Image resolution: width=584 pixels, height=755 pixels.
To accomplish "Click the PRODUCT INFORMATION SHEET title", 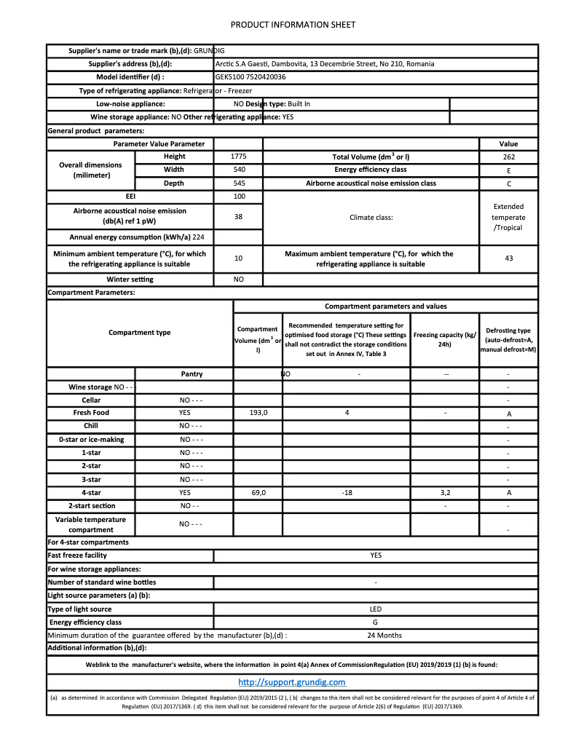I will tap(293, 25).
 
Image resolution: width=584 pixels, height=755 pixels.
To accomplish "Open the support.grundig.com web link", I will tap(292, 682).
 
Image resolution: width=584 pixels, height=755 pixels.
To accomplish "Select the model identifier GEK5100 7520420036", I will tap(250, 77).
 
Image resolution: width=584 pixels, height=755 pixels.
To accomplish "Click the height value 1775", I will tap(238, 157).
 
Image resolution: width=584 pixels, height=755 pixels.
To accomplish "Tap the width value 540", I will tap(238, 170).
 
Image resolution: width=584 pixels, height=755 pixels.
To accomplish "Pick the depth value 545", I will tap(238, 183).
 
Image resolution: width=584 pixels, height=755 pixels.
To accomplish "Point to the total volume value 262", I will tap(508, 157).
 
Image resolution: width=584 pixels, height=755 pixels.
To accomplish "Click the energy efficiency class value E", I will tap(508, 170).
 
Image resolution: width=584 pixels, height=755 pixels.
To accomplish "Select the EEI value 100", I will tap(238, 197).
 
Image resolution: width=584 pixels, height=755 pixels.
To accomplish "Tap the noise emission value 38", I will tap(238, 216).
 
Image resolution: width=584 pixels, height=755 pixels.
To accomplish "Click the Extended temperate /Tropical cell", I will tap(508, 217).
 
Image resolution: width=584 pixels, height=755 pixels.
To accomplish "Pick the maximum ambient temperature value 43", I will tap(508, 258).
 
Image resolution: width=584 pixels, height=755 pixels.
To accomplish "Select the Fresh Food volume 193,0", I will tap(259, 413).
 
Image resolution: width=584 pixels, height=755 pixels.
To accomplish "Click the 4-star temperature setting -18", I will tap(347, 493).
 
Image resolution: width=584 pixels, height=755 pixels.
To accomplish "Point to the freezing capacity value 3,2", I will tap(445, 493).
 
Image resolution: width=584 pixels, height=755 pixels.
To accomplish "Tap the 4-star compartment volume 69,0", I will tap(259, 493).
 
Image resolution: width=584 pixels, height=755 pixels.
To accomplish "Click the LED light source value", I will tap(376, 609).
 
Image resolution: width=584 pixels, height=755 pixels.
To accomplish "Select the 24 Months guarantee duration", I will tap(384, 636).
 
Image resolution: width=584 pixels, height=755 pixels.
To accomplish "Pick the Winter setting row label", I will tap(130, 280).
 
